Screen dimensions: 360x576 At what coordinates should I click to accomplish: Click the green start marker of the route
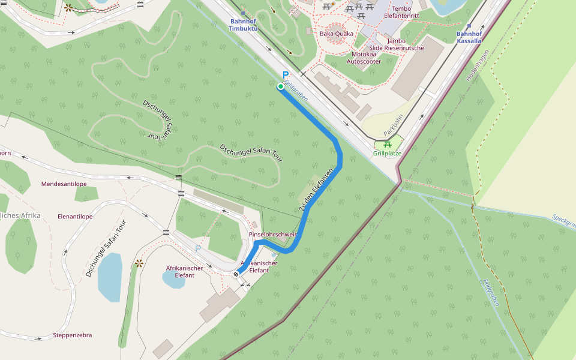pyautogui.click(x=281, y=87)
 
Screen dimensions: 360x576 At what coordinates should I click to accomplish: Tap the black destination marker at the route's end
pyautogui.click(x=236, y=274)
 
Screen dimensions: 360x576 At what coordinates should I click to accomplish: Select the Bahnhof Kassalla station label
pyautogui.click(x=469, y=38)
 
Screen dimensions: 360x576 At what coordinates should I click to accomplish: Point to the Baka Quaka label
pyautogui.click(x=337, y=34)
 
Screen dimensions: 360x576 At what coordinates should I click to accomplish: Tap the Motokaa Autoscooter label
pyautogui.click(x=364, y=58)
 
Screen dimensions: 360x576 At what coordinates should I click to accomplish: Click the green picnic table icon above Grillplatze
pyautogui.click(x=388, y=144)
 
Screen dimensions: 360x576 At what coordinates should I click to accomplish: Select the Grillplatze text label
pyautogui.click(x=387, y=154)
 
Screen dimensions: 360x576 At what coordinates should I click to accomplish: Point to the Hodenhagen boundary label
pyautogui.click(x=478, y=65)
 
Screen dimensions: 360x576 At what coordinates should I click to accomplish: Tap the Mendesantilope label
pyautogui.click(x=64, y=184)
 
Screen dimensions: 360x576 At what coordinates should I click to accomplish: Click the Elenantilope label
pyautogui.click(x=75, y=216)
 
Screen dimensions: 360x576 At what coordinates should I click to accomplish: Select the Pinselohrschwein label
pyautogui.click(x=273, y=234)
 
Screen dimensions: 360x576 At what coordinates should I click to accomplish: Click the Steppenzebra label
pyautogui.click(x=73, y=335)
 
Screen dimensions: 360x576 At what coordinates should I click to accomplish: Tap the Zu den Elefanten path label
pyautogui.click(x=316, y=191)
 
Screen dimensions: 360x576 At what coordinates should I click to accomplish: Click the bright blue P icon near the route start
pyautogui.click(x=286, y=75)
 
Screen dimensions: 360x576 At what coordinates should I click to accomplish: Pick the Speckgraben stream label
pyautogui.click(x=563, y=221)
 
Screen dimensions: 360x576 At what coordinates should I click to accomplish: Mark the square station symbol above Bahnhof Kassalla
pyautogui.click(x=469, y=26)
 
